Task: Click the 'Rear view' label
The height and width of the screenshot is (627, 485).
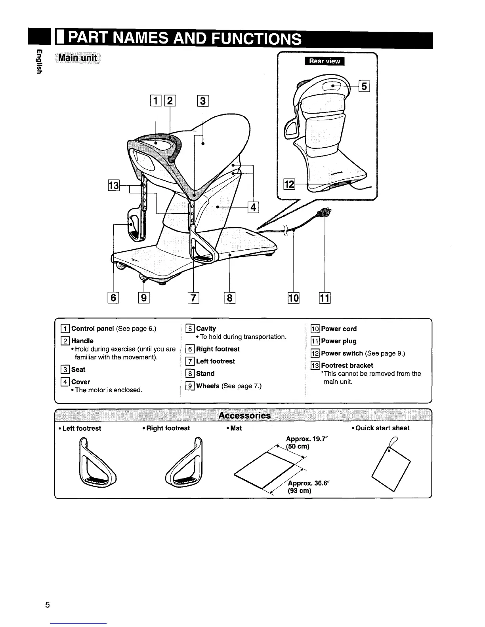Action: click(325, 61)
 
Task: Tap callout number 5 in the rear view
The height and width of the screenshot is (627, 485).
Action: click(364, 85)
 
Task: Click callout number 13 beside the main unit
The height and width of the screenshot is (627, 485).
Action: click(114, 185)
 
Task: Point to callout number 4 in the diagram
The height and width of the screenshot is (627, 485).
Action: click(253, 207)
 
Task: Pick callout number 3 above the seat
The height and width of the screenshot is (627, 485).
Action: click(202, 101)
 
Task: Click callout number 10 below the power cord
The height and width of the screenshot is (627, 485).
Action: click(294, 298)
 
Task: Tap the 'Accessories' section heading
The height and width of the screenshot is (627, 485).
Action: click(244, 415)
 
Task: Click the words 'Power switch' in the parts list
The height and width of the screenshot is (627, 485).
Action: click(342, 353)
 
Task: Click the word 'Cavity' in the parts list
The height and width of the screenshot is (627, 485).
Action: click(206, 329)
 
